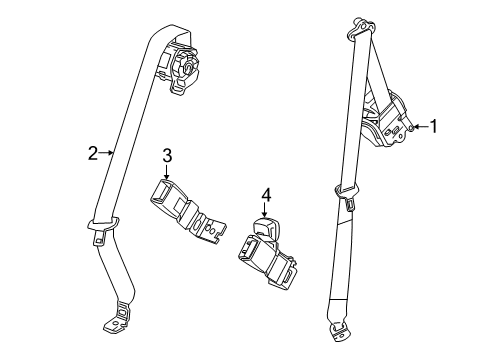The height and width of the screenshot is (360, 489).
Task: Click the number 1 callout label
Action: pos(434,126)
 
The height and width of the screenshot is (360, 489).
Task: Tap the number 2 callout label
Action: pos(91,153)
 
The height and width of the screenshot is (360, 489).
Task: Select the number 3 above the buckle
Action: pos(168,155)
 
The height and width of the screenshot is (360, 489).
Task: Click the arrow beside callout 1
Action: pos(420,127)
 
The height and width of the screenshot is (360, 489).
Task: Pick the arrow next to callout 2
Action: pos(105,153)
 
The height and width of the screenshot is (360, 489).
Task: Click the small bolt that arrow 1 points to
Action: pos(411,127)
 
